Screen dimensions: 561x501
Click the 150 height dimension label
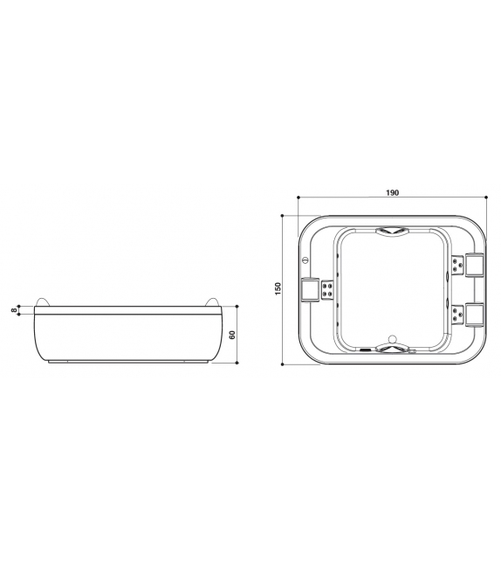point(278,287)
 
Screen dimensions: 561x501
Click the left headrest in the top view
point(309,289)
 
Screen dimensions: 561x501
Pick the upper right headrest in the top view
point(473,263)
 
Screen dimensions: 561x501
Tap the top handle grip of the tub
point(391,232)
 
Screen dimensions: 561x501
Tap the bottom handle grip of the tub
point(391,350)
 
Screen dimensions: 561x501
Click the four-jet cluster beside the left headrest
point(327,290)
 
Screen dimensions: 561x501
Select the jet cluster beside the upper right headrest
point(456,263)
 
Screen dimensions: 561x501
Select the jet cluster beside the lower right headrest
point(456,315)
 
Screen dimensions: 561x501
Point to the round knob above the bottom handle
point(392,338)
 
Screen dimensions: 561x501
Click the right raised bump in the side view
point(209,303)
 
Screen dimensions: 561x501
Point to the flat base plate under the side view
point(127,360)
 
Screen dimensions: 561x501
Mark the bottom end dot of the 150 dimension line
point(285,363)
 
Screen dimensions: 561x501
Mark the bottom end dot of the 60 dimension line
point(237,362)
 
